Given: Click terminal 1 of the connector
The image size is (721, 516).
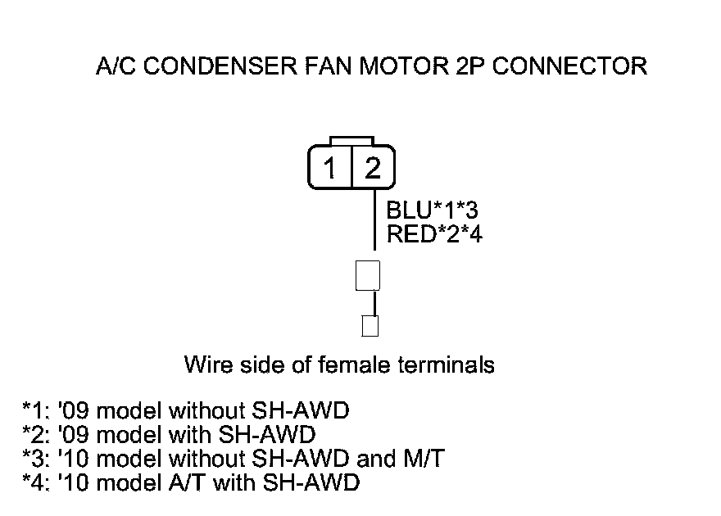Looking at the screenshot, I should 330,169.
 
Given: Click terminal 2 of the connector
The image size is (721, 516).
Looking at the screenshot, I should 373,169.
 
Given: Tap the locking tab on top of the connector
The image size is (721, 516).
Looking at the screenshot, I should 351,141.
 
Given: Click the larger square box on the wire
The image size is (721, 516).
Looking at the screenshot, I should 367,275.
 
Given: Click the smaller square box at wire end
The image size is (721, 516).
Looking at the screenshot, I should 370,325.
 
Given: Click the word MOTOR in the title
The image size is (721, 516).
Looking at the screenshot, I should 401,66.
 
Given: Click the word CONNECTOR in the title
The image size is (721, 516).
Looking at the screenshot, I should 569,66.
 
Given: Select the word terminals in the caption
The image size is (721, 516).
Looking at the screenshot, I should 446,364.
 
